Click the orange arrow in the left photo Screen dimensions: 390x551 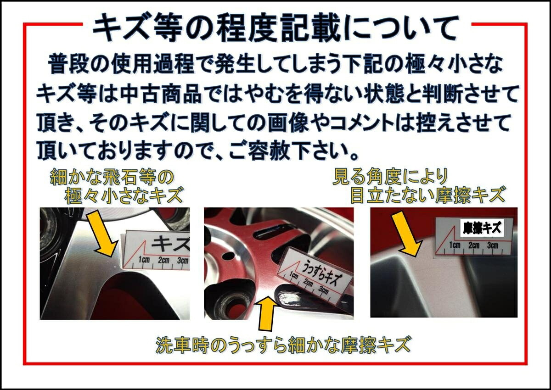coord(104,234)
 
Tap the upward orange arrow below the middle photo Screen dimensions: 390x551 coord(268,313)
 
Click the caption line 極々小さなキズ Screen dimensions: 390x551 coord(124,196)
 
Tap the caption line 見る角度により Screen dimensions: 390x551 coord(390,176)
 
